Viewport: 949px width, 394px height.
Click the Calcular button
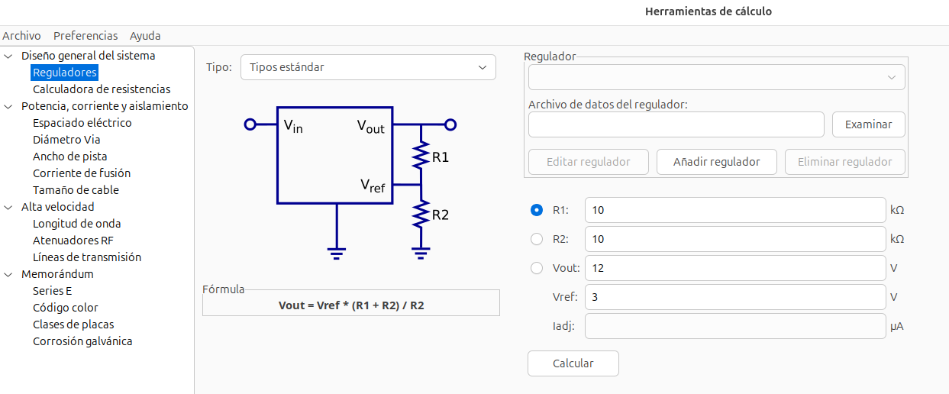[x=573, y=363]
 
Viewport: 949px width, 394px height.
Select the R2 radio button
[x=537, y=239]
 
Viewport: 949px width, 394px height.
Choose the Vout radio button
[x=537, y=268]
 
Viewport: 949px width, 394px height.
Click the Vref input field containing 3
[x=734, y=297]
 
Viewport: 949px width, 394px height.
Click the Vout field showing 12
[x=734, y=268]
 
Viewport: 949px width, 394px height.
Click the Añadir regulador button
[x=716, y=162]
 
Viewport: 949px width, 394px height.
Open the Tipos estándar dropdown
[x=368, y=67]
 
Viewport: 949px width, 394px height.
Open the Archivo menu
[x=21, y=36]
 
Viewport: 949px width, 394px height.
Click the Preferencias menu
[x=86, y=36]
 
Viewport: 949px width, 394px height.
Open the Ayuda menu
[x=145, y=36]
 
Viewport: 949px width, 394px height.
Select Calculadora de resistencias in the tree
[x=102, y=89]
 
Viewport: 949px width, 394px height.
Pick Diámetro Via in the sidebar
[x=66, y=140]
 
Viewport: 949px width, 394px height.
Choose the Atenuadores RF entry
[x=73, y=241]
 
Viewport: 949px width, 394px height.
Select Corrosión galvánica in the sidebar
[x=82, y=341]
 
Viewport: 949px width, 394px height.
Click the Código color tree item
[x=66, y=308]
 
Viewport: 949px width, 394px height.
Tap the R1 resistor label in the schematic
[x=440, y=158]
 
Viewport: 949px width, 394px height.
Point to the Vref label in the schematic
[x=373, y=186]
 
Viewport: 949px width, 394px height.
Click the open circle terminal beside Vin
[x=250, y=124]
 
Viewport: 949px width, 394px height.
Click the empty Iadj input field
[x=734, y=326]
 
